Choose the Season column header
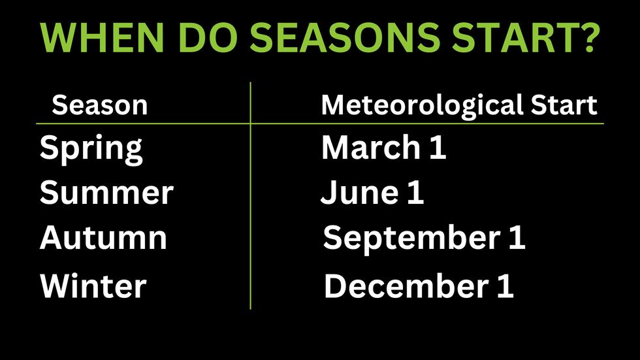(99, 105)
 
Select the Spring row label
(91, 150)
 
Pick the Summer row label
(106, 193)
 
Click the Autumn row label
(103, 238)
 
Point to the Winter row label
(93, 286)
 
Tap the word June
(359, 193)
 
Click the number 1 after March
(438, 148)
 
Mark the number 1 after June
(415, 193)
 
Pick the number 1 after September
(516, 238)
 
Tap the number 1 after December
(504, 286)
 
